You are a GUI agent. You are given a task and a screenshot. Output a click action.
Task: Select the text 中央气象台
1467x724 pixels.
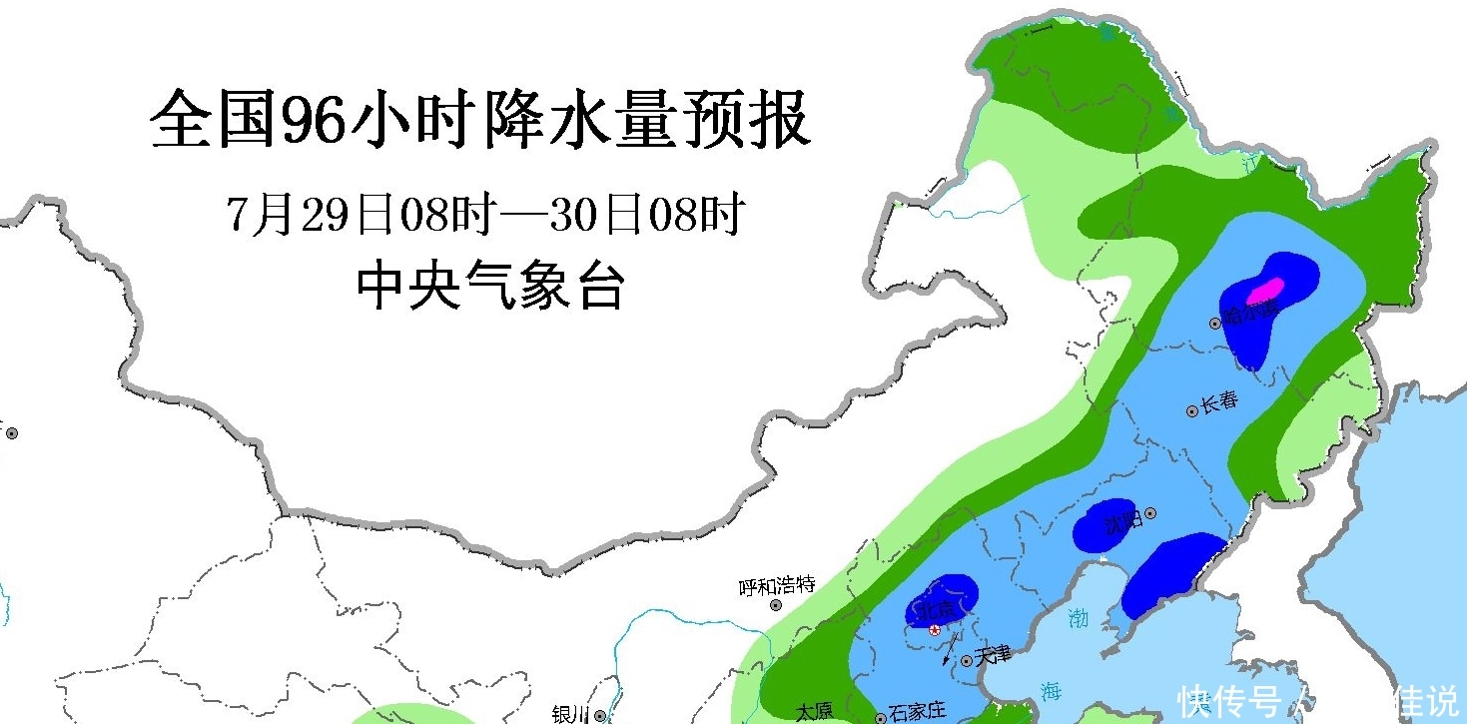(x=491, y=287)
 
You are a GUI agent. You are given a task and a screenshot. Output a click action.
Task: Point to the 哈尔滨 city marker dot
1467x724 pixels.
(x=1215, y=323)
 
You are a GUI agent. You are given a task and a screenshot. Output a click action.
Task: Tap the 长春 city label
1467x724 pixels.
(x=1219, y=401)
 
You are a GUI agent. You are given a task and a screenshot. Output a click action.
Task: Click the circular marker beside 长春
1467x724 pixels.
(x=1192, y=410)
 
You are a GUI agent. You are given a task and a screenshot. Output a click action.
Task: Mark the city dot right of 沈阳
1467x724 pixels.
(x=1150, y=513)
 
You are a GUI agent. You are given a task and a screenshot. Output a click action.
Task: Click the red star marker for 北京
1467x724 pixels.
(x=935, y=629)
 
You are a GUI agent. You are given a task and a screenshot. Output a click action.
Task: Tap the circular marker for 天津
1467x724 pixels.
(x=967, y=661)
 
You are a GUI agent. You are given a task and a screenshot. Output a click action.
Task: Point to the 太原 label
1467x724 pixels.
(x=814, y=711)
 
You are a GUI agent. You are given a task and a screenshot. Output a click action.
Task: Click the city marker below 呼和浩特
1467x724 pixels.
(x=776, y=605)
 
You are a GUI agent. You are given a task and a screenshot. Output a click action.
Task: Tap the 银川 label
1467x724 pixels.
(x=571, y=713)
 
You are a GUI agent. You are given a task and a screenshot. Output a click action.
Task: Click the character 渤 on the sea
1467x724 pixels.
(x=1077, y=618)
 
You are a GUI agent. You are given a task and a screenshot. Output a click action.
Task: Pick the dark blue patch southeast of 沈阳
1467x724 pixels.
(x=1169, y=575)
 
